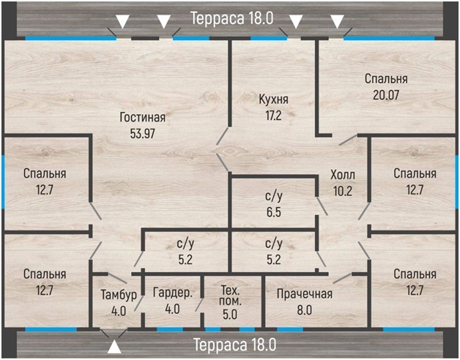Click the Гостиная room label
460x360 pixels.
[143, 118]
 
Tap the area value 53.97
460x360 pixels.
[142, 134]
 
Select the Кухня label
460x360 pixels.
[273, 100]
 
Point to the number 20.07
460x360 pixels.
[386, 95]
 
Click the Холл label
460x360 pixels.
[343, 175]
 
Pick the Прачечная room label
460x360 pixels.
[305, 293]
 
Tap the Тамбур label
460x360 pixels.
[119, 295]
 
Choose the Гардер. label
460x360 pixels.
[173, 293]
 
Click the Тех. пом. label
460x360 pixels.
[230, 296]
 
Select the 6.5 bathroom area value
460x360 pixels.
[274, 212]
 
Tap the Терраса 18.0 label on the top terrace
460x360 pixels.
[232, 18]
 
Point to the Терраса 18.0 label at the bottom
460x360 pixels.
[234, 345]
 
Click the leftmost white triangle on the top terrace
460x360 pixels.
[122, 21]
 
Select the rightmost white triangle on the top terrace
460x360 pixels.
[338, 21]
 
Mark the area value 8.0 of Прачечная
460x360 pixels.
[305, 310]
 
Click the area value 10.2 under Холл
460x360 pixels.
[343, 191]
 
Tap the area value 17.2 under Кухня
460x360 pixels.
[273, 116]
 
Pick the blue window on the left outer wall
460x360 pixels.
[3, 182]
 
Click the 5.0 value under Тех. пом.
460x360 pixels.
[230, 315]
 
